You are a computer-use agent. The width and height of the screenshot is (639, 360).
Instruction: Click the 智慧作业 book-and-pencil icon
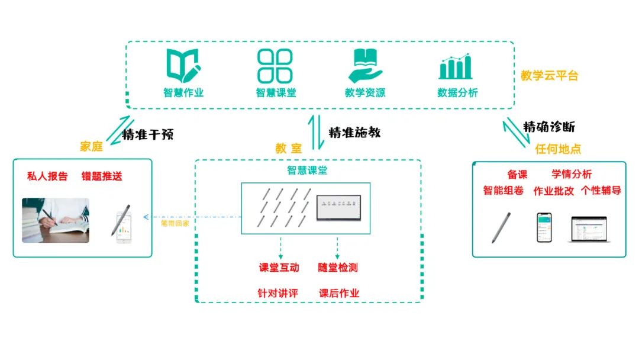click(x=183, y=66)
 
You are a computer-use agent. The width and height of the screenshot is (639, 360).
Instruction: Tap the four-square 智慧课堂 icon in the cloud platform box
click(x=275, y=66)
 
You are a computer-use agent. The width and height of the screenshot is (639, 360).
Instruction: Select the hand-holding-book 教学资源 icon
click(x=365, y=65)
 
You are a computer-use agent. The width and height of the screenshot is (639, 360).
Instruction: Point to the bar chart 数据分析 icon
click(x=456, y=66)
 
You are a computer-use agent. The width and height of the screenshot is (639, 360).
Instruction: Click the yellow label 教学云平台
click(x=549, y=76)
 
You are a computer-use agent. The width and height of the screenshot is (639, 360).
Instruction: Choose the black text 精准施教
click(x=354, y=133)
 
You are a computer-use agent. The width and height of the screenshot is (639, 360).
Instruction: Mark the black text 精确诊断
click(x=548, y=127)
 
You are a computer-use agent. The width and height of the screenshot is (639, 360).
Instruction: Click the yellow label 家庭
click(x=91, y=146)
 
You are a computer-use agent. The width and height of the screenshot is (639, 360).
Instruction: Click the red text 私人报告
click(x=47, y=176)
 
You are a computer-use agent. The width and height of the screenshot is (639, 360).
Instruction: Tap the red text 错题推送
click(x=102, y=176)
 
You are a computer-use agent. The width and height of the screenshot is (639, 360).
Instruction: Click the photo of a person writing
click(x=56, y=220)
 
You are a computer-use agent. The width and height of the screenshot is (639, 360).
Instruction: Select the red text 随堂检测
click(x=338, y=268)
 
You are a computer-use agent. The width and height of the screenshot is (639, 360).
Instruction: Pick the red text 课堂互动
click(x=279, y=268)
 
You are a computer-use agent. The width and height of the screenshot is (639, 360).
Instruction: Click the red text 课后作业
click(x=339, y=293)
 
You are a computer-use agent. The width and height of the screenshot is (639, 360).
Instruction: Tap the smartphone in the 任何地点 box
click(x=544, y=227)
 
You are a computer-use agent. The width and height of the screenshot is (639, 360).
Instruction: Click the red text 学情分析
click(x=572, y=174)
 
